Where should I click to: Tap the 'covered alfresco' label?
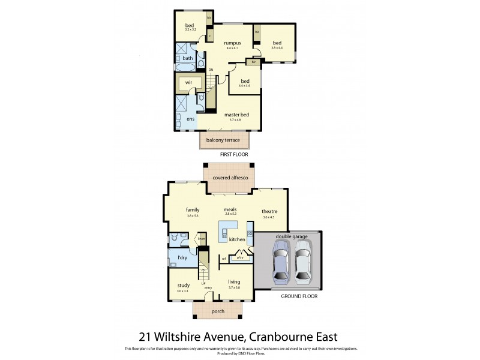(x=229, y=178)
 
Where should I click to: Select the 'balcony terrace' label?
(x=223, y=140)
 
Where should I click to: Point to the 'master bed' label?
(x=236, y=115)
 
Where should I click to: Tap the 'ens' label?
(x=190, y=119)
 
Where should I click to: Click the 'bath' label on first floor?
(x=188, y=58)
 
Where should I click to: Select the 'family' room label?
(x=193, y=209)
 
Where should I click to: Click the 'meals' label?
(x=231, y=209)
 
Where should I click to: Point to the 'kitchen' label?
(x=237, y=239)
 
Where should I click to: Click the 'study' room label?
(x=182, y=286)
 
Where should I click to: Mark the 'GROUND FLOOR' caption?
(x=298, y=296)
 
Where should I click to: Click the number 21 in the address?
(x=146, y=336)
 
